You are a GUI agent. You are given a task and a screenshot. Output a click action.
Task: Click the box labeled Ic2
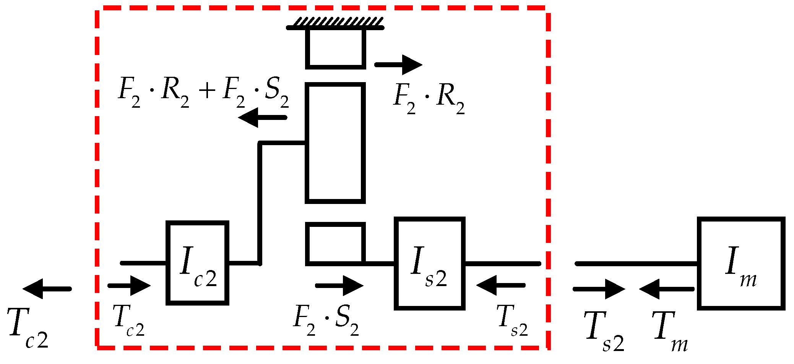[197, 263]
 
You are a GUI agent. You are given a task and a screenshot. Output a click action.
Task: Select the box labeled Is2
[429, 264]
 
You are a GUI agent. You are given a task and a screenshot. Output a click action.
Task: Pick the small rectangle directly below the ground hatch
[335, 48]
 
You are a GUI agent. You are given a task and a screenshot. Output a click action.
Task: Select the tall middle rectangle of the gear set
[335, 143]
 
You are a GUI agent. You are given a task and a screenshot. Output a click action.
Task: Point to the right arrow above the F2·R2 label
[399, 65]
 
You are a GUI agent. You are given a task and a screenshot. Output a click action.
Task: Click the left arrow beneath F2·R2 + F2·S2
[262, 117]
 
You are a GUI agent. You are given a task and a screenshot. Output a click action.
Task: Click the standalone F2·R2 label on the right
[429, 98]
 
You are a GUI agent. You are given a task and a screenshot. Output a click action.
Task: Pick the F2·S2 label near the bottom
[326, 320]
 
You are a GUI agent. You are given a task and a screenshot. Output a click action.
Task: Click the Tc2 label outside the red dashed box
[28, 328]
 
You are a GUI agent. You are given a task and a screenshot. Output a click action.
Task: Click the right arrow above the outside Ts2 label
[599, 289]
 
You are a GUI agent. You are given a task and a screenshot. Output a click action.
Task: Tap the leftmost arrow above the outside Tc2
[47, 289]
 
